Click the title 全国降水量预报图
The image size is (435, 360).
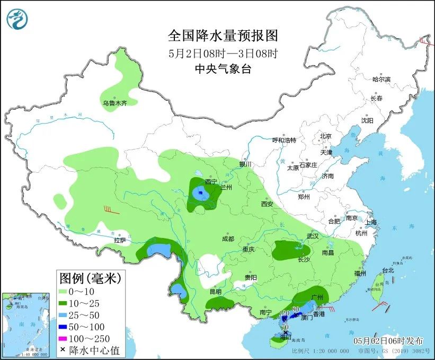[223, 36]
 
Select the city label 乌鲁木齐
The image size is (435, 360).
[115, 103]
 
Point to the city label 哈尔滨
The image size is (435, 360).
[381, 80]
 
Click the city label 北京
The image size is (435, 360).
[325, 136]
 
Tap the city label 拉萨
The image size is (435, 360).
[120, 240]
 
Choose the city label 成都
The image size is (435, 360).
[228, 239]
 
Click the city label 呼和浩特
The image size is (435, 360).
[284, 140]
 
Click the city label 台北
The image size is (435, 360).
[388, 270]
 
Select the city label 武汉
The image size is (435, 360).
[313, 236]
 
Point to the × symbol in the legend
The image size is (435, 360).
[63, 349]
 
